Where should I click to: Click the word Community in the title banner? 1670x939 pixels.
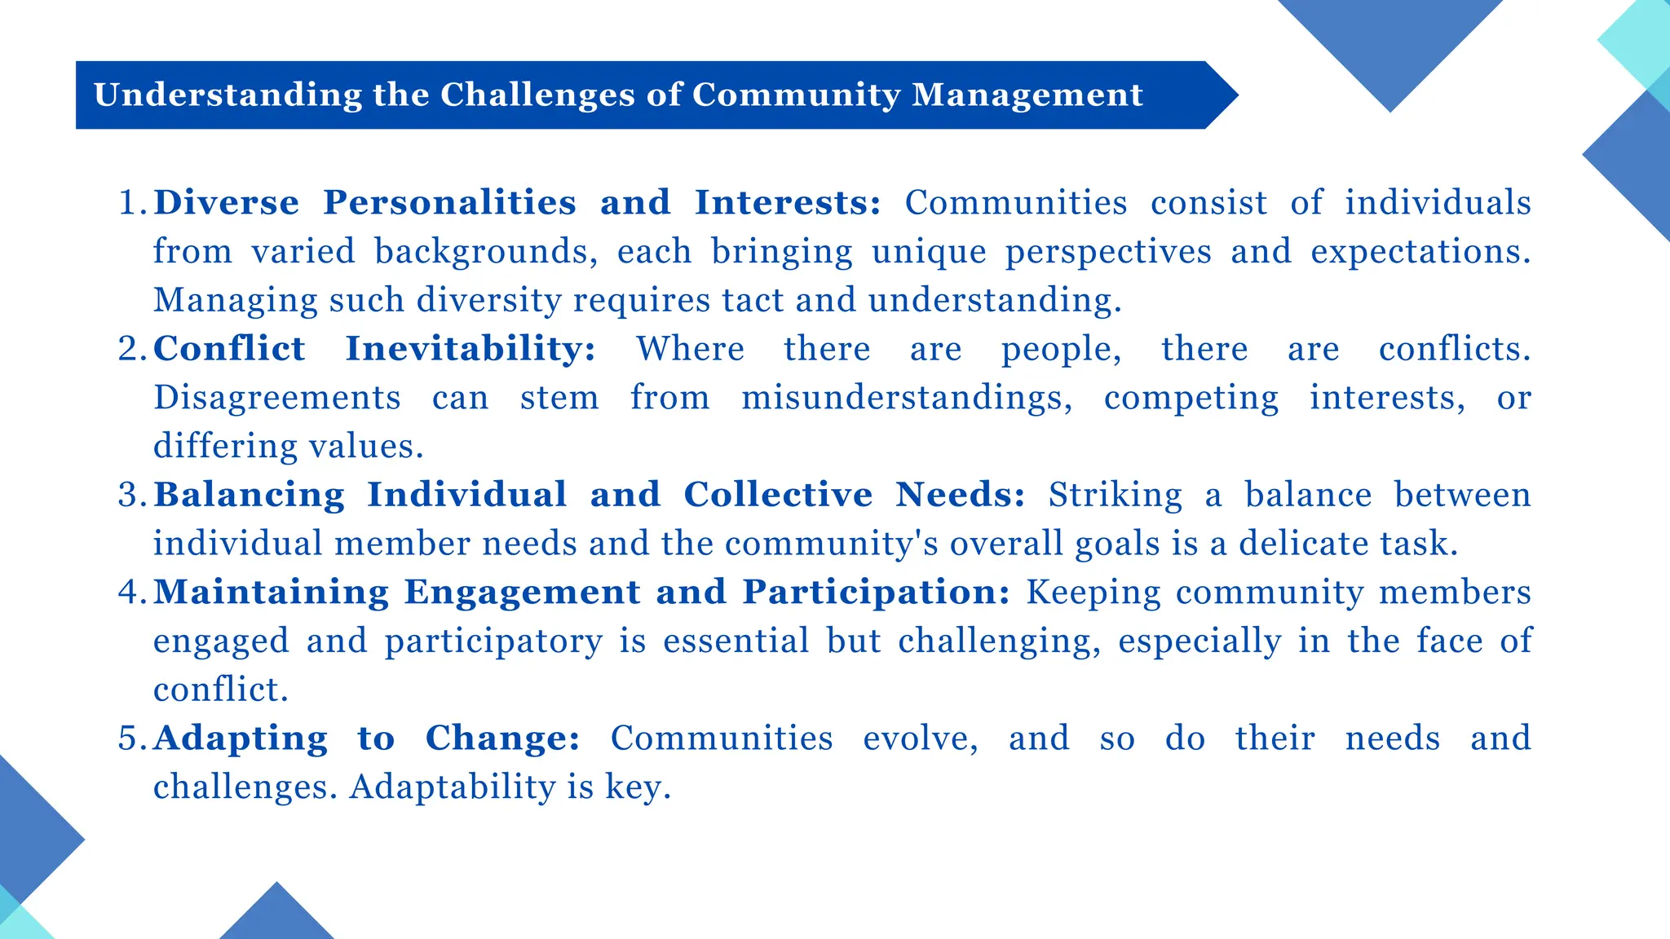796,95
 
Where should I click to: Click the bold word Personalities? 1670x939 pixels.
449,203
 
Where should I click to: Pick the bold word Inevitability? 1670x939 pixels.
471,349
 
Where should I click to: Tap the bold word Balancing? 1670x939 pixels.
249,495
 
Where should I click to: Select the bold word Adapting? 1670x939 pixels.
241,738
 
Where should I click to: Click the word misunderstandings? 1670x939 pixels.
907,398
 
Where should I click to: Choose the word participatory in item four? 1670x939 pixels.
494,641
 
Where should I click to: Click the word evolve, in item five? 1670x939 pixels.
921,738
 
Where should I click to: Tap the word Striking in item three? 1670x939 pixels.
1115,495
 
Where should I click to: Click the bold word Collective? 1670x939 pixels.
778,495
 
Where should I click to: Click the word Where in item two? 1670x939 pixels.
690,349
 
